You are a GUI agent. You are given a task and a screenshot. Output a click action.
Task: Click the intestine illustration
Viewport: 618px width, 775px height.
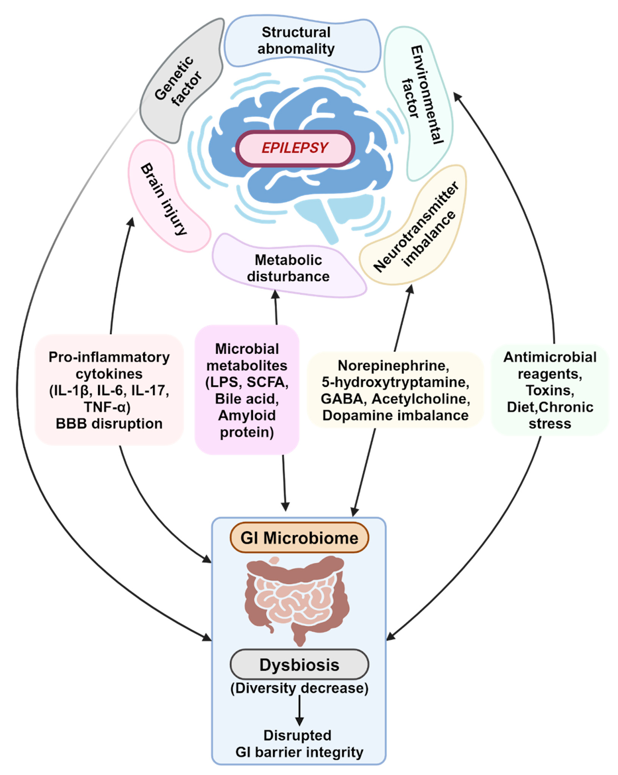tap(296, 599)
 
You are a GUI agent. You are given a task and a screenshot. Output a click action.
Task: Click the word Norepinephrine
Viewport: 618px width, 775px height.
tap(393, 366)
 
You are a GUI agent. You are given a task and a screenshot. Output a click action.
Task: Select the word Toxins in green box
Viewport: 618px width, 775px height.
tap(550, 390)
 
